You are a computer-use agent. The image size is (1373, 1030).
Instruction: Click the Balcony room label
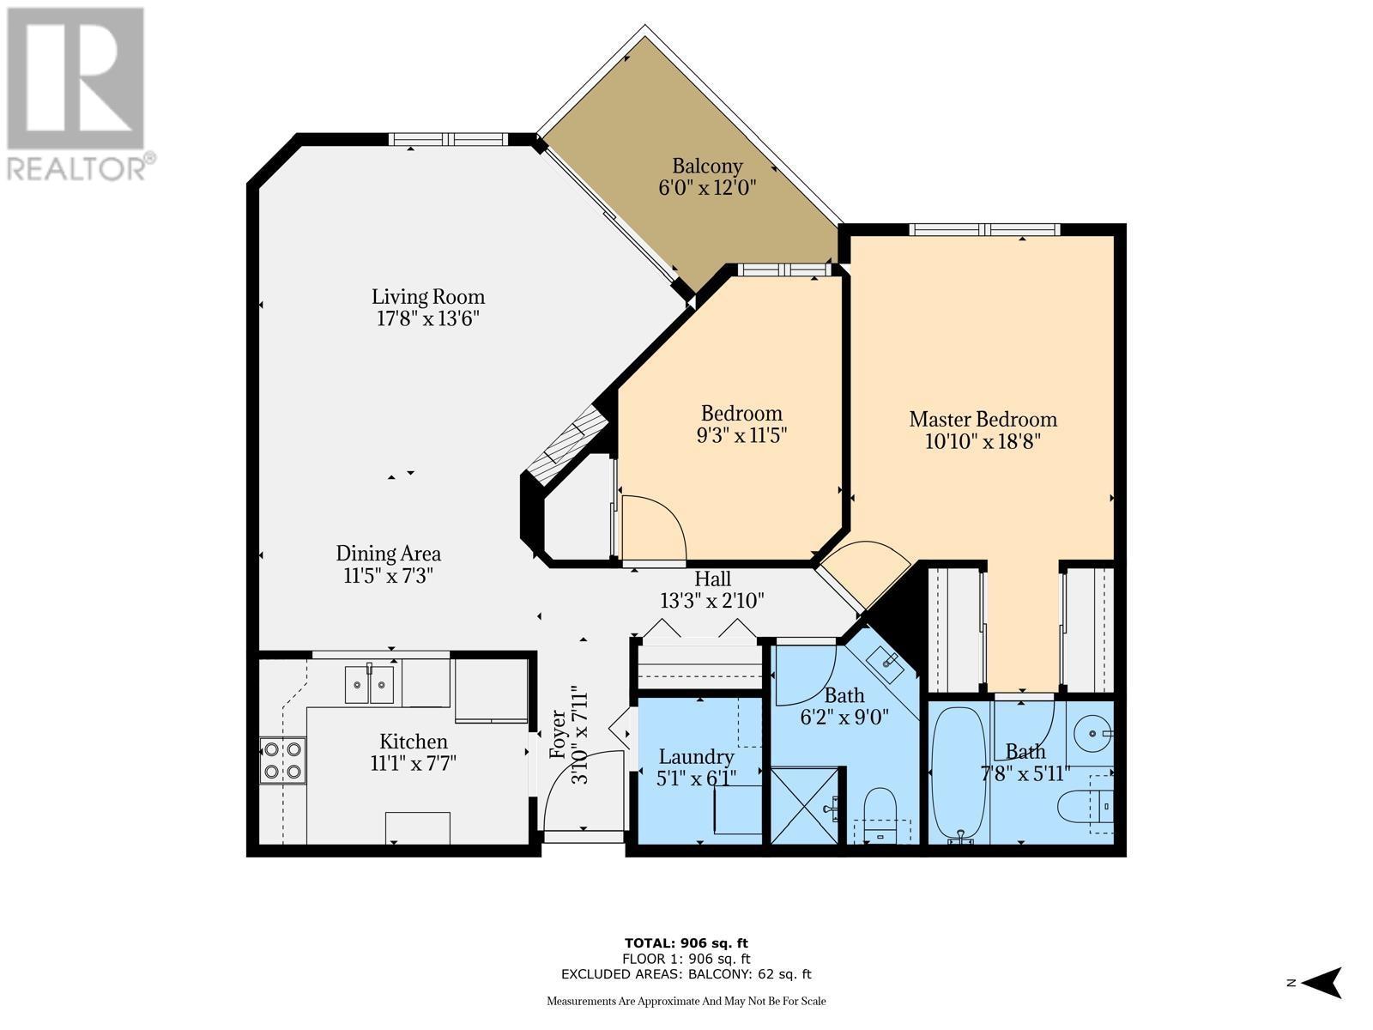(x=707, y=166)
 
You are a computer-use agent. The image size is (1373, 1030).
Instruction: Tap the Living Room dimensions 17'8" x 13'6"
(x=427, y=319)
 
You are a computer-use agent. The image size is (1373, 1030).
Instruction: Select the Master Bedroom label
(x=983, y=419)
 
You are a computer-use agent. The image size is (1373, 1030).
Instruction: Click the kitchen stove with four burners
(x=282, y=760)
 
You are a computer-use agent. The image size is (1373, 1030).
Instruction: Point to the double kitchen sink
(x=370, y=684)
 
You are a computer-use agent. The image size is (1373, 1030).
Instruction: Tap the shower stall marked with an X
(x=805, y=805)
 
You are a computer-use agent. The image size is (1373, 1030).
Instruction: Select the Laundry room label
(x=696, y=757)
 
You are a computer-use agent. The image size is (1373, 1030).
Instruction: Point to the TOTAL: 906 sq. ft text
(x=686, y=943)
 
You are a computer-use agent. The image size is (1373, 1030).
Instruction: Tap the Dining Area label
(x=388, y=554)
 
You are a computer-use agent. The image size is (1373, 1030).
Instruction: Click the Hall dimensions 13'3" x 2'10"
(x=711, y=601)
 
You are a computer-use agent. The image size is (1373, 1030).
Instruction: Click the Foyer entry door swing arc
(x=584, y=785)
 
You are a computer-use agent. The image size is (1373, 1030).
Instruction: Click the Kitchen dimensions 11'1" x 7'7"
(x=414, y=763)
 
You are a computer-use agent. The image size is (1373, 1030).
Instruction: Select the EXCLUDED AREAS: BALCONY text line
(x=686, y=974)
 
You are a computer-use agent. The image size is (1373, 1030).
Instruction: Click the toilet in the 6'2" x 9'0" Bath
(x=880, y=811)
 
